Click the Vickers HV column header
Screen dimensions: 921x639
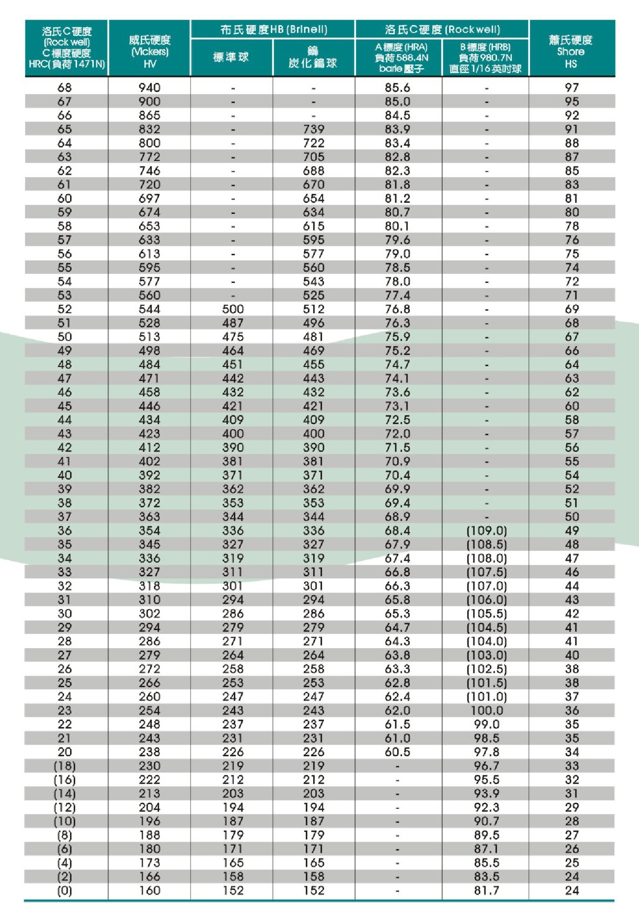pyautogui.click(x=149, y=52)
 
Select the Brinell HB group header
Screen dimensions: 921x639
pyautogui.click(x=273, y=30)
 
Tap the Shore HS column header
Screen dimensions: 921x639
pyautogui.click(x=571, y=52)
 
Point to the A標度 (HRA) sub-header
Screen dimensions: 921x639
pyautogui.click(x=401, y=58)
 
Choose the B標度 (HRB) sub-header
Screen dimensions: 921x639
pyautogui.click(x=485, y=58)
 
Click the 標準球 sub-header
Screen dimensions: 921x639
pyautogui.click(x=231, y=57)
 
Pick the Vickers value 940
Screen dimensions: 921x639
pyautogui.click(x=149, y=87)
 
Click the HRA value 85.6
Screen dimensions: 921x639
pyautogui.click(x=397, y=87)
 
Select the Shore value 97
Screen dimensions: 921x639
pyautogui.click(x=572, y=87)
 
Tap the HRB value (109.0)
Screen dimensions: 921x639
pyautogui.click(x=486, y=530)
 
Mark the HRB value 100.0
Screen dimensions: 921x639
pyautogui.click(x=486, y=710)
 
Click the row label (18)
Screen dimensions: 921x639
pyautogui.click(x=65, y=766)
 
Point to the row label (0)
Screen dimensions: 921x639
pyautogui.click(x=65, y=890)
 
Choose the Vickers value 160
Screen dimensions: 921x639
pyautogui.click(x=149, y=890)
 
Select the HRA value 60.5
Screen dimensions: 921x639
pyautogui.click(x=397, y=752)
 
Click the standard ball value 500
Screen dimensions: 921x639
pyautogui.click(x=233, y=309)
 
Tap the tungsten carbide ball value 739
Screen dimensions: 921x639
pyautogui.click(x=314, y=129)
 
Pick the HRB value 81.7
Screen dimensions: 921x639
pyautogui.click(x=486, y=890)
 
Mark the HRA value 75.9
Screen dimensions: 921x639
pyautogui.click(x=397, y=336)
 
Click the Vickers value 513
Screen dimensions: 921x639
pyautogui.click(x=149, y=336)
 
